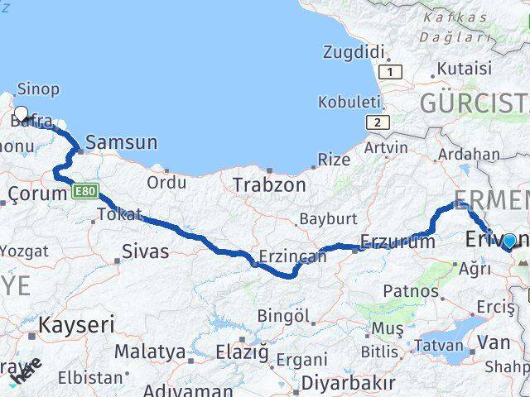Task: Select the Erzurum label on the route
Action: point(397,242)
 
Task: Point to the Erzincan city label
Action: point(292,257)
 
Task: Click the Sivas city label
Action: point(145,251)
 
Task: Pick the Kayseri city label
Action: point(77,324)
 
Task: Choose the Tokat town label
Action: point(119,214)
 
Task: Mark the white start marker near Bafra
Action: point(21,114)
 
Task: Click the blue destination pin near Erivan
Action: point(509,242)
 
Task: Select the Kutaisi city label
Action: point(464,68)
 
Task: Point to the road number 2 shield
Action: point(377,122)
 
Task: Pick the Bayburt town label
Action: point(328,219)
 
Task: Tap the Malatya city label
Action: point(150,352)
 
